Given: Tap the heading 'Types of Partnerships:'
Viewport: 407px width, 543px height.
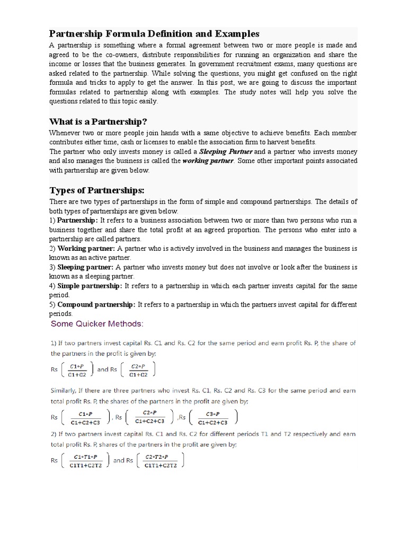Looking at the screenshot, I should click(97, 190).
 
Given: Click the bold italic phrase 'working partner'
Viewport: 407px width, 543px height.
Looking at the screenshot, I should click(207, 161).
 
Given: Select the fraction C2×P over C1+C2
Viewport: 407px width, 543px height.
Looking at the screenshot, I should click(138, 370).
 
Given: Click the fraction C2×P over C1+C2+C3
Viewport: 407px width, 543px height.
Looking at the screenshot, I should click(150, 417).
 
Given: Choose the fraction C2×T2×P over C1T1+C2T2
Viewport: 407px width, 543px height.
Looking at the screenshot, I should click(160, 461).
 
